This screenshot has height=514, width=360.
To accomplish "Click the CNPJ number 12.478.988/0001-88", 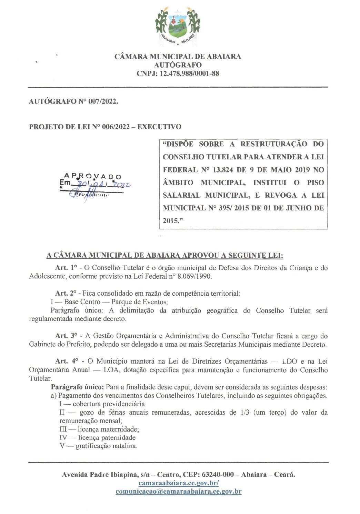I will (189, 73).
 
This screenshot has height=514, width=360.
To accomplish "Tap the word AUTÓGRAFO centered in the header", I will (178, 65).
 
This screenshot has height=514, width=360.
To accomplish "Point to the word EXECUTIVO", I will (159, 127).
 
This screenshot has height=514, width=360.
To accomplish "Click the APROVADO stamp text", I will (93, 177).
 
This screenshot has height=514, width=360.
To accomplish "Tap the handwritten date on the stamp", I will (103, 184).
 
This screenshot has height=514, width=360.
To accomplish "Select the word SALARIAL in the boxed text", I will (181, 195).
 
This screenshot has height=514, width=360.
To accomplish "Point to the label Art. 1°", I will (66, 268).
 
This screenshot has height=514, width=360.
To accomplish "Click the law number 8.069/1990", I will (194, 276).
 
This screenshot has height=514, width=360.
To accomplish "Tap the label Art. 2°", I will (66, 293).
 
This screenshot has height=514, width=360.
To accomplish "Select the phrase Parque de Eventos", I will (139, 302).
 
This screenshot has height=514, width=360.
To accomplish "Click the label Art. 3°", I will (66, 336).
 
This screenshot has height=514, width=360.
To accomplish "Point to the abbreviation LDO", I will (289, 361).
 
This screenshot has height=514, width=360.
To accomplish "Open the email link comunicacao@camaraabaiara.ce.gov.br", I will (178, 492).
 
